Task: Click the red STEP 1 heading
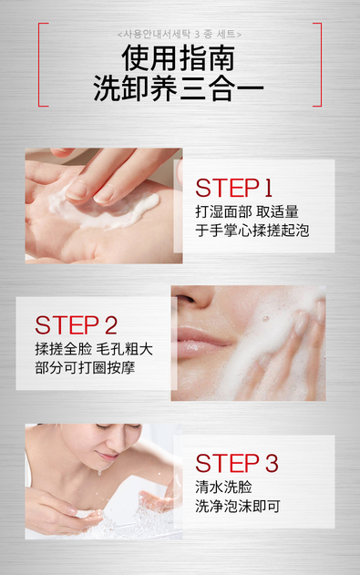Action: click(233, 188)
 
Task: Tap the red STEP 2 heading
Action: click(76, 325)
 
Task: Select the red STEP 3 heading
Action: click(237, 463)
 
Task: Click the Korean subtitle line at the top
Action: click(180, 35)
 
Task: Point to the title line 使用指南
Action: click(179, 58)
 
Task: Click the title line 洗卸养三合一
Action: click(179, 88)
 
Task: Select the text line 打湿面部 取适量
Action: click(247, 212)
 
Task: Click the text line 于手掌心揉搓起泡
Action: click(252, 231)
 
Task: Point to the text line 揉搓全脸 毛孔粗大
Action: click(94, 349)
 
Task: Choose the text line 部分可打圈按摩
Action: click(85, 368)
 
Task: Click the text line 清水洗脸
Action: click(223, 488)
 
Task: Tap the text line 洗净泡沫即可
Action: click(238, 507)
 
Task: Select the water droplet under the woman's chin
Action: click(99, 473)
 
